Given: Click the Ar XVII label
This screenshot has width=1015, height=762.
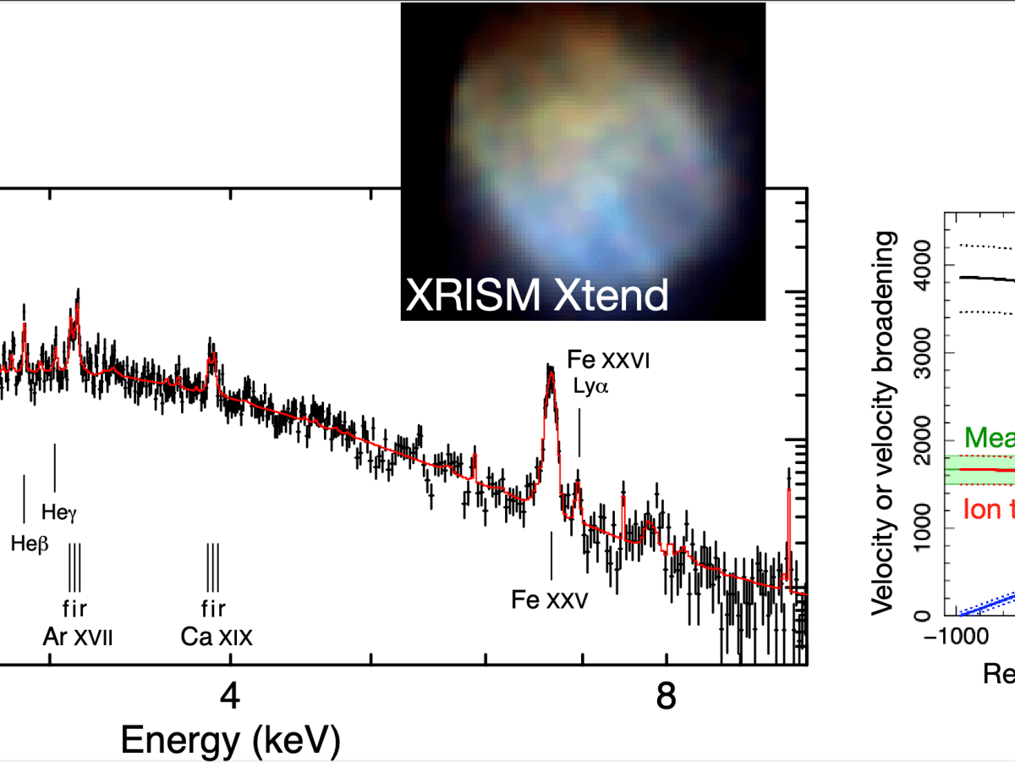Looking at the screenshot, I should (x=77, y=636).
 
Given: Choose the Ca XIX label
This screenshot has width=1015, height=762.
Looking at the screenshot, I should (x=217, y=636).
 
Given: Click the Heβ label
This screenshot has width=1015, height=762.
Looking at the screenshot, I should (x=30, y=544).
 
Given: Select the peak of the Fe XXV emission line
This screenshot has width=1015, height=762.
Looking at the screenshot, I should (x=550, y=368).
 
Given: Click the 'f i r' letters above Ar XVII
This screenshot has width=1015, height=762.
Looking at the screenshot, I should (x=75, y=608).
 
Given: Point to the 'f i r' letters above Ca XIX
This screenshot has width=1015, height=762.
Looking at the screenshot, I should (x=213, y=608).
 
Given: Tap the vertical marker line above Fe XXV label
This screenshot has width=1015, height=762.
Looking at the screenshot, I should (x=551, y=555).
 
